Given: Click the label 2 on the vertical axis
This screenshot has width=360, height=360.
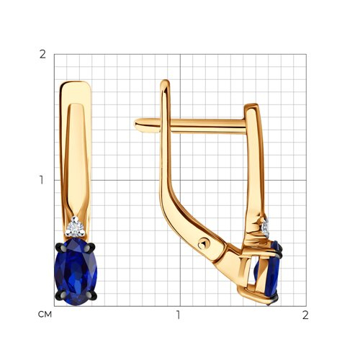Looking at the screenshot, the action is point(42,55).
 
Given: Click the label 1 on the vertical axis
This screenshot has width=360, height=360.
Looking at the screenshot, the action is point(42,180).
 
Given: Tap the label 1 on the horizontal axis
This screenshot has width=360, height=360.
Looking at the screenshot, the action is point(178,315).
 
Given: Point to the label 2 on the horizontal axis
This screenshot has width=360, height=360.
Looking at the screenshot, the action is point(305,315).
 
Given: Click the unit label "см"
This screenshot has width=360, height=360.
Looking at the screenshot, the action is point(45,315).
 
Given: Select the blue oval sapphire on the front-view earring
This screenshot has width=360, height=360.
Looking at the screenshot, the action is point(76,271).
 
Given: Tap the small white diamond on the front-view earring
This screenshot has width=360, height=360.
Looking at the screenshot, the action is point(76,227).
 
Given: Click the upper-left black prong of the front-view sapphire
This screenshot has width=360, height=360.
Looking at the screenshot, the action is point(59,246).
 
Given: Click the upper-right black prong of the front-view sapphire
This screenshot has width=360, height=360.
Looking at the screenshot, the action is point(91,246).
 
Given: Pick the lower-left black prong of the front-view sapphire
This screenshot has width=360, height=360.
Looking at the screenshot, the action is point(60,295).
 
